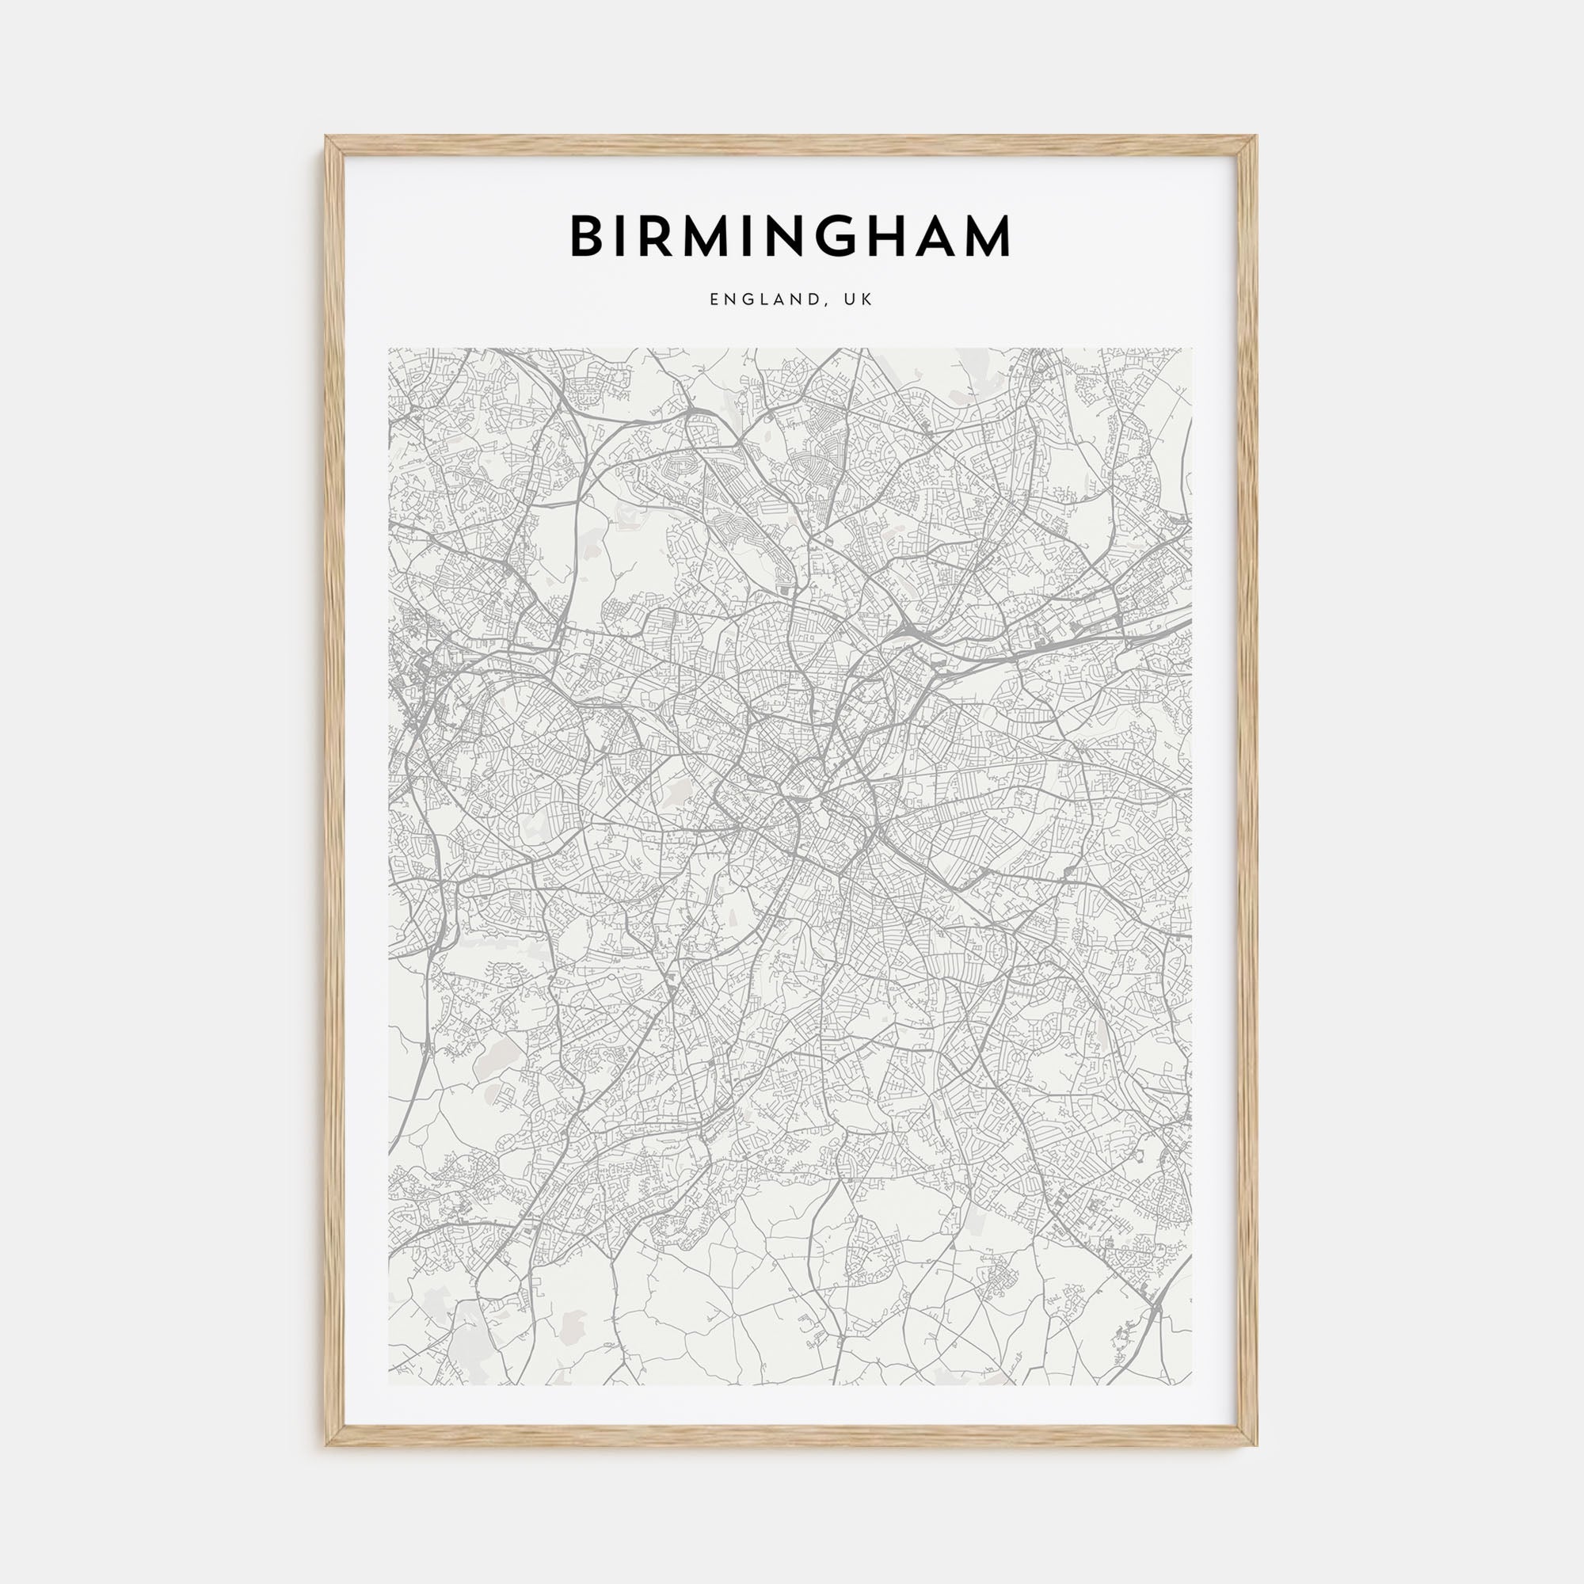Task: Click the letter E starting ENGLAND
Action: point(715,300)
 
